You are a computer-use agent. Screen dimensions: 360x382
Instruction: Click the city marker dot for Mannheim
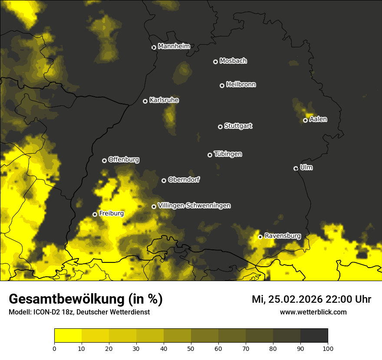pyautogui.click(x=154, y=48)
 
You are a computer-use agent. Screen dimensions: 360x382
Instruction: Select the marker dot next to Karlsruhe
pyautogui.click(x=145, y=101)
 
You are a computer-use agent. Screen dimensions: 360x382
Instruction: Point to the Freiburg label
pyautogui.click(x=111, y=213)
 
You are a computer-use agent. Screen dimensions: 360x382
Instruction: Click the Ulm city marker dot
pyautogui.click(x=296, y=168)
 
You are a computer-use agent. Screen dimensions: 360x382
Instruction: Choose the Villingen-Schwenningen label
pyautogui.click(x=194, y=206)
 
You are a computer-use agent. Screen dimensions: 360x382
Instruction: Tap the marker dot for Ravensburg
pyautogui.click(x=260, y=237)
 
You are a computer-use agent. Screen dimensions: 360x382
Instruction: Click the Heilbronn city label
pyautogui.click(x=241, y=85)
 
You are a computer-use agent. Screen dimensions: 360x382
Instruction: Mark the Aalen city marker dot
pyautogui.click(x=305, y=120)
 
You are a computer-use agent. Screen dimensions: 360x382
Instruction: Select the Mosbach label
pyautogui.click(x=233, y=61)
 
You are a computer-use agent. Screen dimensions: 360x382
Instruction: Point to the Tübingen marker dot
pyautogui.click(x=210, y=155)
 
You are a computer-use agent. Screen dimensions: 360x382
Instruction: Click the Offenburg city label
pyautogui.click(x=124, y=160)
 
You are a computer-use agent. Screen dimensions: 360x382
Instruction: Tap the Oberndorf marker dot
pyautogui.click(x=164, y=180)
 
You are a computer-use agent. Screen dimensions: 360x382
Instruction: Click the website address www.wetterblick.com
pyautogui.click(x=313, y=312)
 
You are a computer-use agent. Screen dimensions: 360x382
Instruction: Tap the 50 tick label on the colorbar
pyautogui.click(x=191, y=348)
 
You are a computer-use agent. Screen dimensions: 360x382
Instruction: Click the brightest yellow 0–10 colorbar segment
pyautogui.click(x=68, y=335)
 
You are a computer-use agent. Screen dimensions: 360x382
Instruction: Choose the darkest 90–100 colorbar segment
pyautogui.click(x=314, y=335)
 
